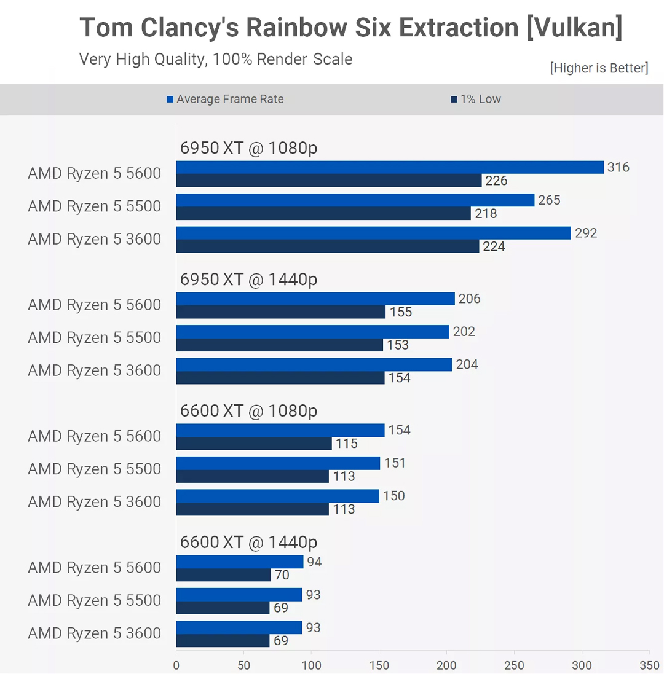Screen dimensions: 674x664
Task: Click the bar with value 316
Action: coord(390,167)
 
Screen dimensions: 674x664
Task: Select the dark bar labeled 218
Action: coord(323,214)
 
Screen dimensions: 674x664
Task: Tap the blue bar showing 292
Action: coord(373,233)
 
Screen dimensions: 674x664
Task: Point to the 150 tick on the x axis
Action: coord(379,665)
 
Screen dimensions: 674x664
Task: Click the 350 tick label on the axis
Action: coord(649,665)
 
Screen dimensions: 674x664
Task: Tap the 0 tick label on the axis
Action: coord(176,665)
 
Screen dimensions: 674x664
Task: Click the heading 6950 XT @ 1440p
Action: coord(248,280)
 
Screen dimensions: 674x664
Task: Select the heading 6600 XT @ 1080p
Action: coord(248,411)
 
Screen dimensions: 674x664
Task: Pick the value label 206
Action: coord(469,299)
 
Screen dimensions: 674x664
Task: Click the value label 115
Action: coord(347,444)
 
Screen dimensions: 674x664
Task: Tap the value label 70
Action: coord(282,575)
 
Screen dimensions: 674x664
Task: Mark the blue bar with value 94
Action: coord(240,562)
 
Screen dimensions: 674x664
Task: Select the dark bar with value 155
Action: coord(281,312)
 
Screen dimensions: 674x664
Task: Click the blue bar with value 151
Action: coord(278,463)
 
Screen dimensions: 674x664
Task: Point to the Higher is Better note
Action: coord(599,68)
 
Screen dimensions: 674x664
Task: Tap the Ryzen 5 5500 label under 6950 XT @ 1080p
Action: coord(94,206)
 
